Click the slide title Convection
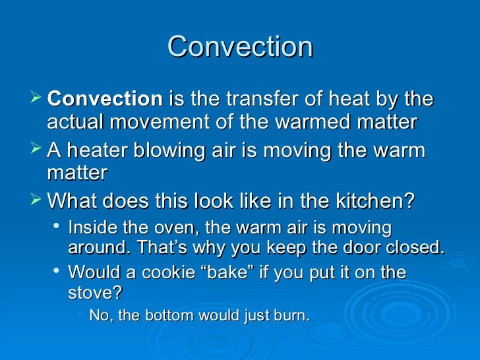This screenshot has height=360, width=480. pyautogui.click(x=240, y=47)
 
